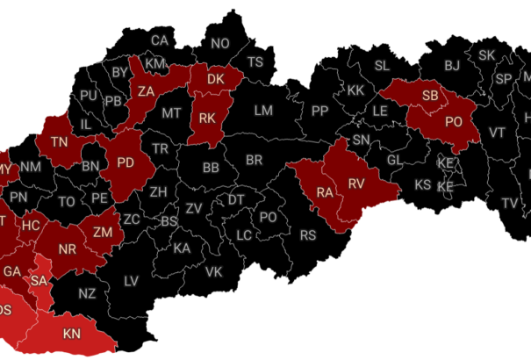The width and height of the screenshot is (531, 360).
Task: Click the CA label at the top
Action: [x=159, y=40]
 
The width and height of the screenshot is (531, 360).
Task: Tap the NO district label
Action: [x=219, y=43]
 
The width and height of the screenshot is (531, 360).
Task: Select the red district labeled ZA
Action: [x=146, y=90]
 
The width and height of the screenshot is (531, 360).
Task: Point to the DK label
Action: [x=216, y=80]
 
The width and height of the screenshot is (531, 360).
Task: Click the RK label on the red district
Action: [x=208, y=118]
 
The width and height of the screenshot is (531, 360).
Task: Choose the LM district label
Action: [x=264, y=111]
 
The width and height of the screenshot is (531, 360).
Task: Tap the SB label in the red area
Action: [x=430, y=95]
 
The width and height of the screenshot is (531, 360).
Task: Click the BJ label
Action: [x=452, y=65]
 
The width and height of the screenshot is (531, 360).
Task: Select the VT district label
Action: [x=498, y=133]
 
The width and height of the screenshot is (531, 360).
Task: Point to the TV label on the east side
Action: [x=510, y=203]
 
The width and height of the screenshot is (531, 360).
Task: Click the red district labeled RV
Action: [x=355, y=183]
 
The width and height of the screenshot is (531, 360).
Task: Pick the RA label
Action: [x=325, y=192]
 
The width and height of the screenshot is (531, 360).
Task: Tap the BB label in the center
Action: [x=211, y=168]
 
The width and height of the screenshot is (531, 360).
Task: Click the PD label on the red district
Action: [x=126, y=162]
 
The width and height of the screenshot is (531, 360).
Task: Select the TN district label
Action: [x=60, y=142]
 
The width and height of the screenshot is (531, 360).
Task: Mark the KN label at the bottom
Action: [x=72, y=334]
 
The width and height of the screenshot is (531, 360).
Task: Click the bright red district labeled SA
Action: [x=39, y=280]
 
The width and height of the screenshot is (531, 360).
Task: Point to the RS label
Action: [x=308, y=235]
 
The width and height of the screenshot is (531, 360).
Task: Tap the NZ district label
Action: [x=87, y=293]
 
